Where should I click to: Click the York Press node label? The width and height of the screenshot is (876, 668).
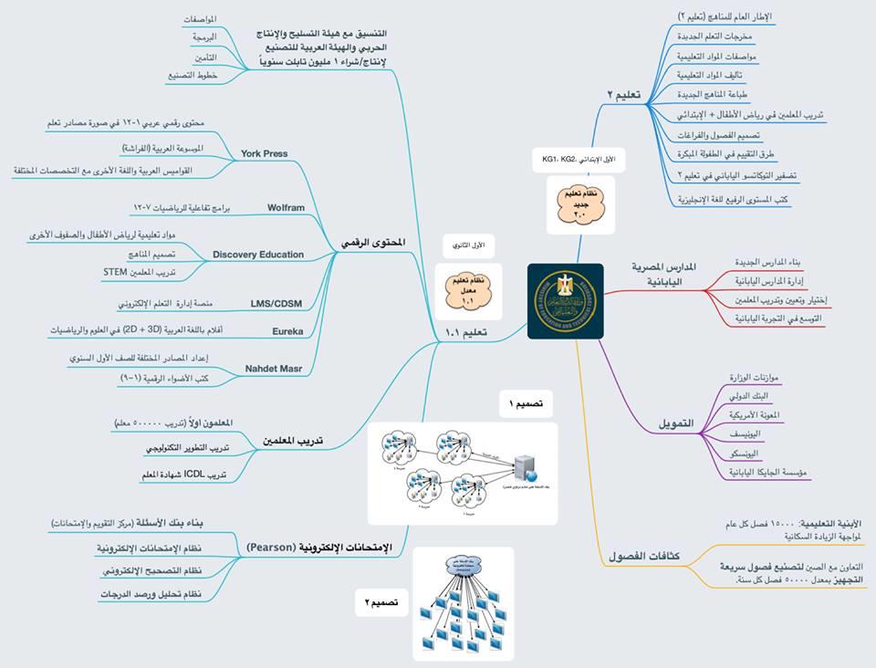(264, 153)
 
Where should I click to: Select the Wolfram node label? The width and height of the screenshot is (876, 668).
(286, 208)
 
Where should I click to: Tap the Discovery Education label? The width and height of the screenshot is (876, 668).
(258, 255)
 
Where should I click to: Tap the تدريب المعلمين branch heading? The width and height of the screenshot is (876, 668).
(294, 441)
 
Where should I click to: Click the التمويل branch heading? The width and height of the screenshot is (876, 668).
(676, 424)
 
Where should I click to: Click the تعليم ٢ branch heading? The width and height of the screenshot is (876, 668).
(624, 94)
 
